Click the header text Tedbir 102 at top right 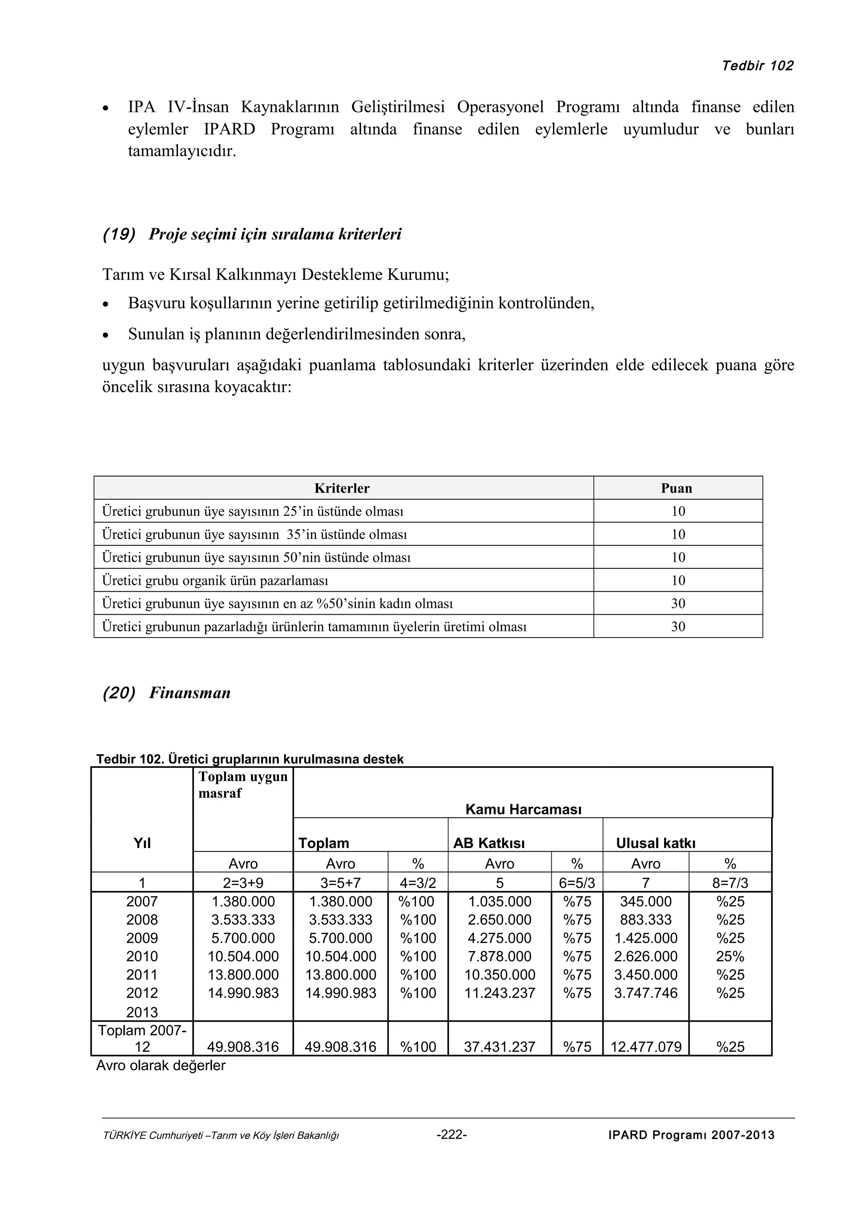[757, 66]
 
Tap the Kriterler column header [342, 488]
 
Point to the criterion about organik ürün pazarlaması [215, 581]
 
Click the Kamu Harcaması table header [523, 810]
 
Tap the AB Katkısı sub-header [489, 843]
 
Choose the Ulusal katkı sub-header [655, 843]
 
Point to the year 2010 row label [142, 957]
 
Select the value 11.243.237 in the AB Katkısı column [499, 993]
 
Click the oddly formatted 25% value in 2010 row [730, 957]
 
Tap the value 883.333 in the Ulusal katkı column [646, 920]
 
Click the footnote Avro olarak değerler [160, 1066]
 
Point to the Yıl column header [142, 843]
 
